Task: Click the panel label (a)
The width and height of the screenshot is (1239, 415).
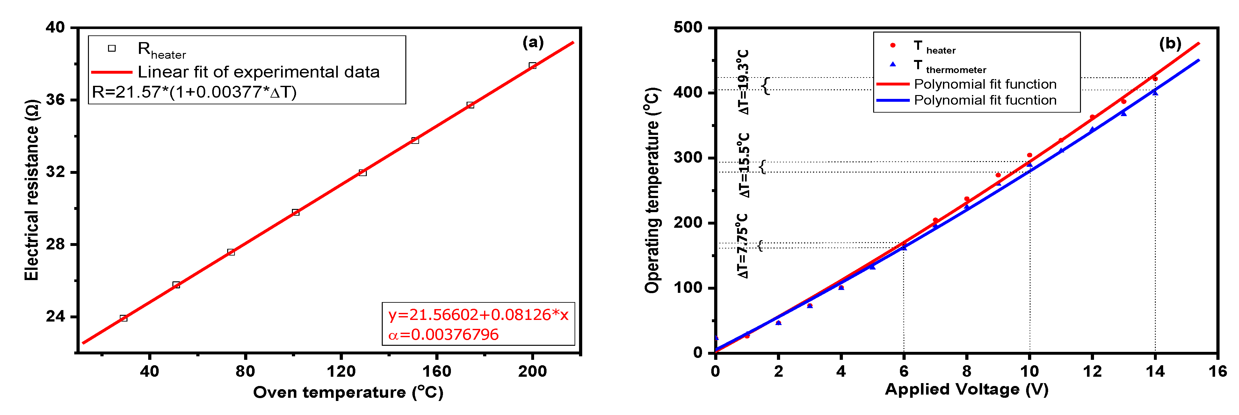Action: [x=533, y=42]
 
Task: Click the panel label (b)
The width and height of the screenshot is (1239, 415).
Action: [x=1170, y=43]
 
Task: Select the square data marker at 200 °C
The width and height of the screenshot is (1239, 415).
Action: [x=533, y=65]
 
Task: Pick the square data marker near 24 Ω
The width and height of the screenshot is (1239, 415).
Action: [x=124, y=318]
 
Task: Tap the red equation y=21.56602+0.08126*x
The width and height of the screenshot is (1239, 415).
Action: [x=478, y=315]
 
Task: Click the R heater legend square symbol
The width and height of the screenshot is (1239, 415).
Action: [x=112, y=48]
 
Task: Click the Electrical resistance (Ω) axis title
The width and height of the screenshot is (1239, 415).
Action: [x=32, y=190]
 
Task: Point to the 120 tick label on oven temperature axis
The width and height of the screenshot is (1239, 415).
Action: [x=341, y=371]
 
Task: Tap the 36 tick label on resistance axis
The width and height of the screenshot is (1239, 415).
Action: [x=56, y=100]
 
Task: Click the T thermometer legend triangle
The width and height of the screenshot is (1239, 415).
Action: [x=893, y=64]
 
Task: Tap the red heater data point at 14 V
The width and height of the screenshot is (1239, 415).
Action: [x=1155, y=78]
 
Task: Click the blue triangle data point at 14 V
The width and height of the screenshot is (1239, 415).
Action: [x=1155, y=92]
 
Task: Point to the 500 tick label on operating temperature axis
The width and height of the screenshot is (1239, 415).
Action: [x=688, y=27]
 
